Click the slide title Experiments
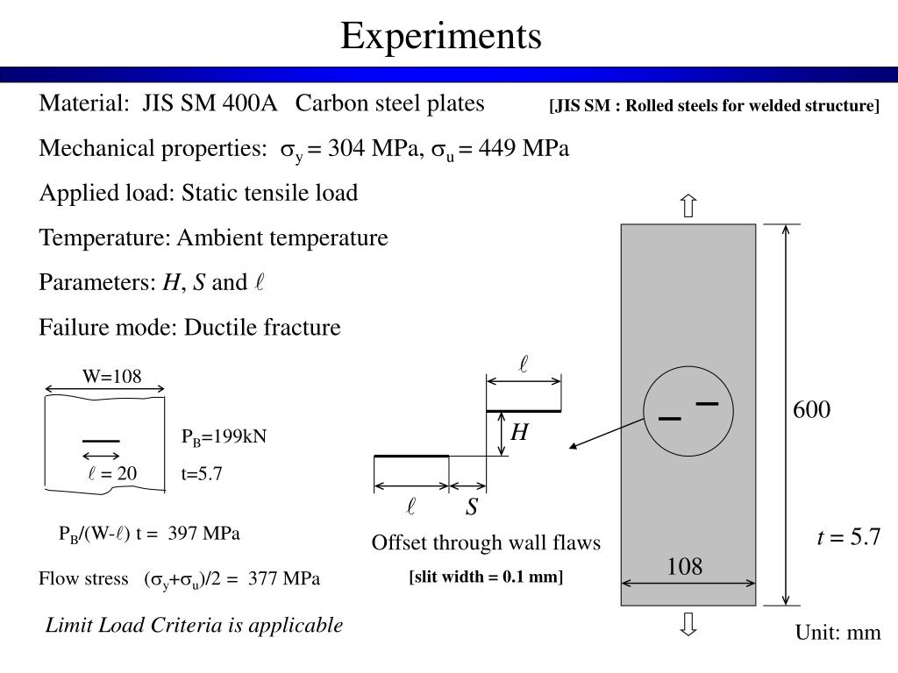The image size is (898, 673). [x=441, y=37]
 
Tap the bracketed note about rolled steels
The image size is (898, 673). [x=714, y=106]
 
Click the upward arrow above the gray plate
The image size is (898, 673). [x=688, y=207]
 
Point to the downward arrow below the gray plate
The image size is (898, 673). [x=688, y=624]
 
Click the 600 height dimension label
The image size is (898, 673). [x=811, y=410]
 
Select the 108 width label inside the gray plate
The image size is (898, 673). [x=684, y=567]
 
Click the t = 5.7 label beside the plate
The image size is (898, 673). [x=848, y=537]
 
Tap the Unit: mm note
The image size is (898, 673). [x=837, y=633]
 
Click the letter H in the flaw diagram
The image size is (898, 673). [x=520, y=432]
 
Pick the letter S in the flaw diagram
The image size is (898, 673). [x=472, y=508]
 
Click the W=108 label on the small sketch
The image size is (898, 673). [x=111, y=377]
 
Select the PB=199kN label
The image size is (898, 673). [x=224, y=437]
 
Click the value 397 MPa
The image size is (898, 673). [x=206, y=534]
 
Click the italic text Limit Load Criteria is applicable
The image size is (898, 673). [x=194, y=625]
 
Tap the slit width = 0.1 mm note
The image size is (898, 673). [x=486, y=577]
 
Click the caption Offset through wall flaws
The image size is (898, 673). [x=486, y=543]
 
